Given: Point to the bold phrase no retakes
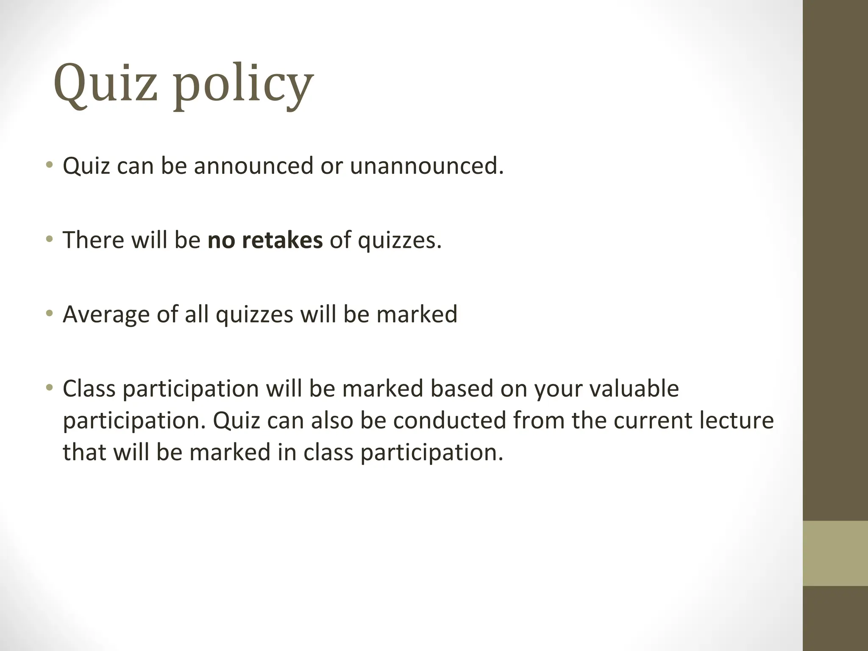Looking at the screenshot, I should [x=265, y=240].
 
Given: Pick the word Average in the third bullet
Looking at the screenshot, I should [x=106, y=314].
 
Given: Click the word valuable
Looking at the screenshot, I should [x=633, y=388].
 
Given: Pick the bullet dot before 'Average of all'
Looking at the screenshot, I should [x=50, y=313].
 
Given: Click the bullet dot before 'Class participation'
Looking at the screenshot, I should [x=50, y=387].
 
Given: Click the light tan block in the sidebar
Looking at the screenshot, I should [x=835, y=553].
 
